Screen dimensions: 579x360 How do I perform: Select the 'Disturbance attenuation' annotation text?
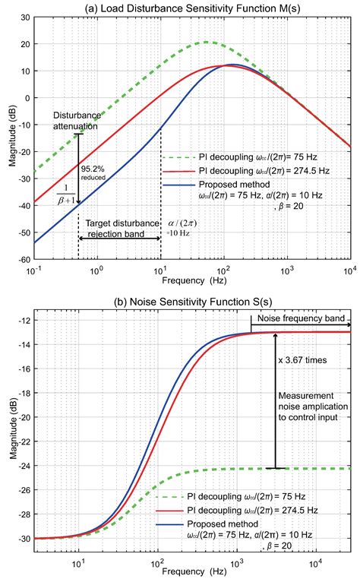point(76,121)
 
